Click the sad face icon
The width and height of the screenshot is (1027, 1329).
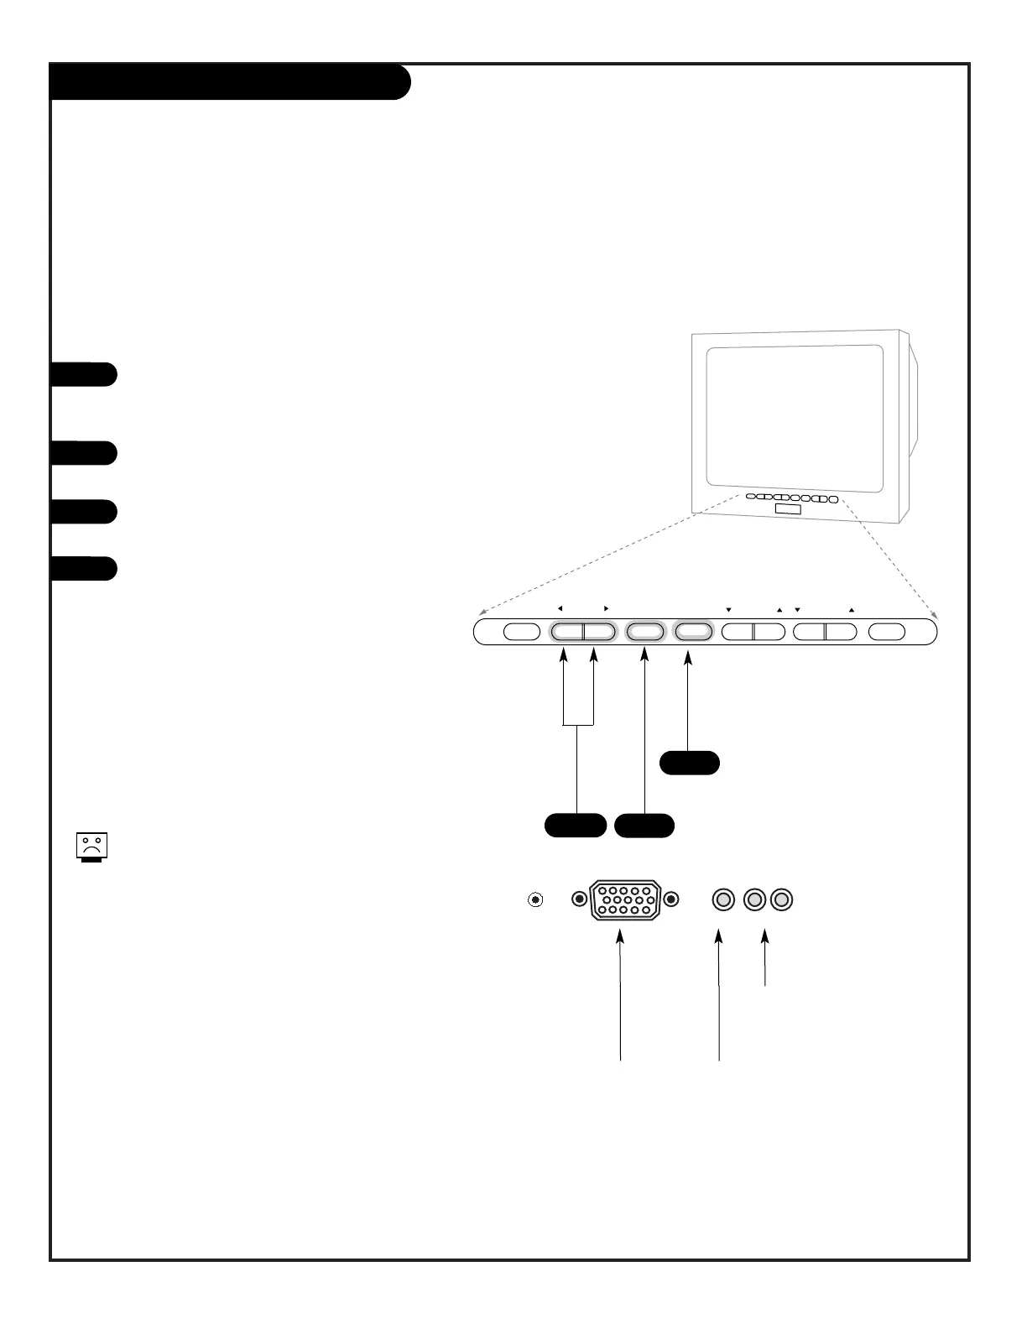pyautogui.click(x=92, y=847)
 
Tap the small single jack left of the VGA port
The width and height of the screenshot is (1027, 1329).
pyautogui.click(x=535, y=900)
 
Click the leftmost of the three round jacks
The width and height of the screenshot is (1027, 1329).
pyautogui.click(x=723, y=900)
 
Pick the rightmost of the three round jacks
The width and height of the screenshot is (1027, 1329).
pyautogui.click(x=782, y=900)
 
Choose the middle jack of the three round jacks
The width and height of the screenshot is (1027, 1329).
pyautogui.click(x=753, y=900)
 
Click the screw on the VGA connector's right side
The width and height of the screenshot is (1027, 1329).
pyautogui.click(x=670, y=900)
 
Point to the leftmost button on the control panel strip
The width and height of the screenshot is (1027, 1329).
pyautogui.click(x=521, y=632)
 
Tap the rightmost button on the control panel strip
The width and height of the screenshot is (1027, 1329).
pyautogui.click(x=888, y=632)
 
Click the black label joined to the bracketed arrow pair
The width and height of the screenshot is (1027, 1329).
pyautogui.click(x=576, y=825)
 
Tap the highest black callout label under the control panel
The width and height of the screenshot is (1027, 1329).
pyautogui.click(x=689, y=763)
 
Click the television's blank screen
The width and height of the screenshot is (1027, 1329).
pyautogui.click(x=794, y=417)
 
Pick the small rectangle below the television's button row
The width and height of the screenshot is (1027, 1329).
pyautogui.click(x=788, y=511)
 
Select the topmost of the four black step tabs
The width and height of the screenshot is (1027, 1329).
pyautogui.click(x=83, y=374)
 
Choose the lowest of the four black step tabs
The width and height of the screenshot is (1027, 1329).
pyautogui.click(x=83, y=568)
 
